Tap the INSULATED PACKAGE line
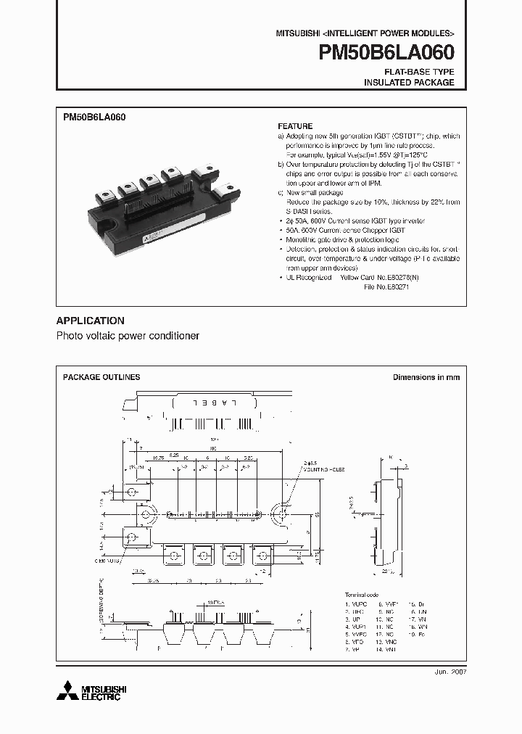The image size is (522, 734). (409, 83)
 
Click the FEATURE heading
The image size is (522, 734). (295, 126)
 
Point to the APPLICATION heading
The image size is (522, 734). (91, 321)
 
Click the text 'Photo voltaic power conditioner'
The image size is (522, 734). (128, 337)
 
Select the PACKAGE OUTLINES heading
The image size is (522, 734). (101, 377)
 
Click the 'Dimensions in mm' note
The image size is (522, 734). (426, 377)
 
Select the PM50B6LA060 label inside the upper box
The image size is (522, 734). (95, 116)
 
